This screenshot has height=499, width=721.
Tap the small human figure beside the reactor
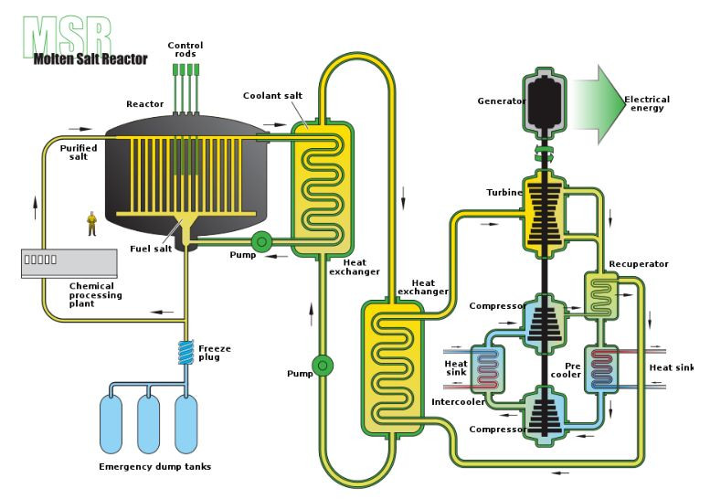(x=91, y=222)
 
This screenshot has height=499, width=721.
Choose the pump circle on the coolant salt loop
(x=322, y=366)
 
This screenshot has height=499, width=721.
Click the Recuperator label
(x=639, y=264)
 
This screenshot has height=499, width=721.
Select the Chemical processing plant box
(x=68, y=263)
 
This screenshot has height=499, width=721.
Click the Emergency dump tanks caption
(x=154, y=467)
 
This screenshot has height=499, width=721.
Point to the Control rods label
(x=186, y=48)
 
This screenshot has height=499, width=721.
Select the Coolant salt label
(x=272, y=95)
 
